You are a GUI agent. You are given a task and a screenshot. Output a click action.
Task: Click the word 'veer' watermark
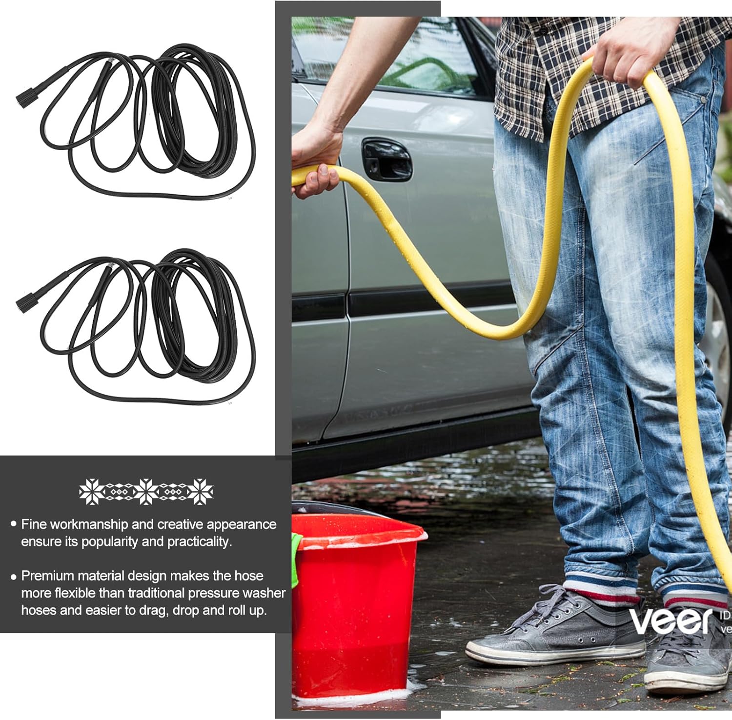[671, 620]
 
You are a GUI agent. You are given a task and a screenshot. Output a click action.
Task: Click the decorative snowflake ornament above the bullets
[146, 491]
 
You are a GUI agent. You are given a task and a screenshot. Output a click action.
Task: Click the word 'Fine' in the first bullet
[34, 524]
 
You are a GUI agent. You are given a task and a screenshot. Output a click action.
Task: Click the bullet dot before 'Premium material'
[13, 577]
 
